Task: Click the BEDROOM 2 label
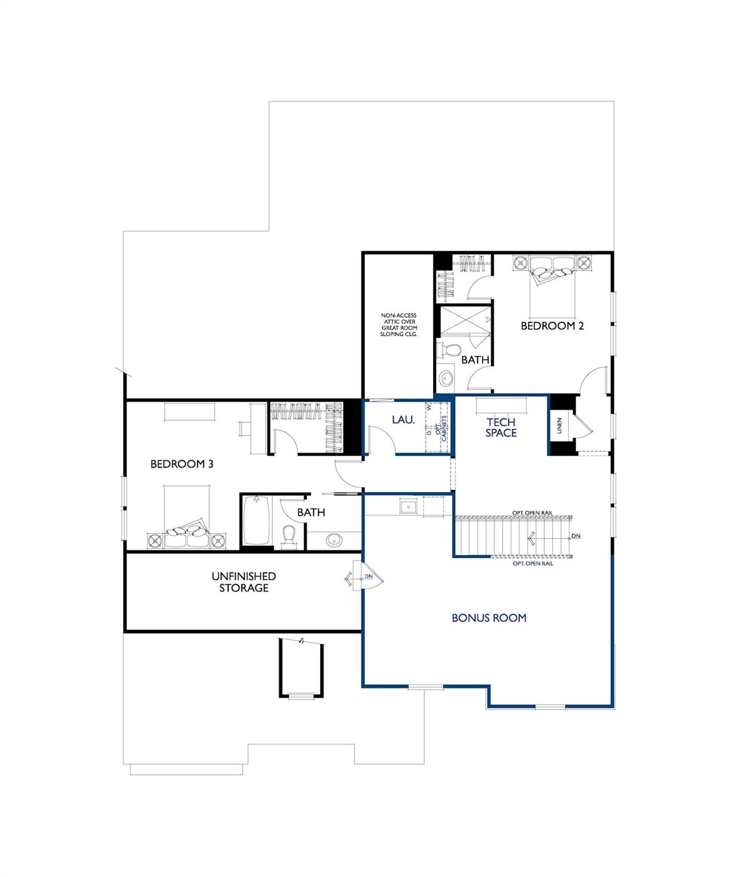552,326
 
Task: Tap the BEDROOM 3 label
182,464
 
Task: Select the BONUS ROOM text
489,618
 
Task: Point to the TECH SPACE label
501,427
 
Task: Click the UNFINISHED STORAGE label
243,582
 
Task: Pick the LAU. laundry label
403,420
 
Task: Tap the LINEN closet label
560,425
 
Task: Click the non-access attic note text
399,324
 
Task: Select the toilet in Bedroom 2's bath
448,350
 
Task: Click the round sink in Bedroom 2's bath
446,377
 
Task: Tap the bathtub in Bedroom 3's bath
257,520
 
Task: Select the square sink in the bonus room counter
409,506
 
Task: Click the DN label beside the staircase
576,536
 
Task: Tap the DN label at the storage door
369,576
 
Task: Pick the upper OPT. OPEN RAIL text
533,513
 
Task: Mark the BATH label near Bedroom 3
311,512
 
